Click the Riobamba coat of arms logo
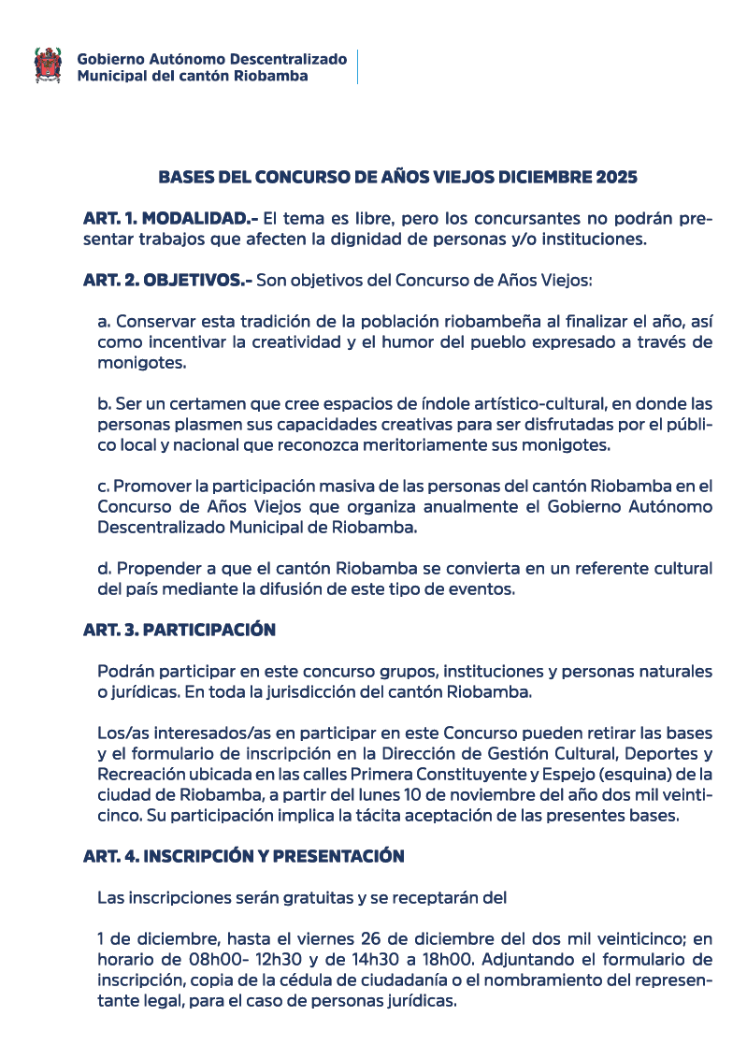49,65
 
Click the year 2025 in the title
612,177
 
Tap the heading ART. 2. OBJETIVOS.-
167,280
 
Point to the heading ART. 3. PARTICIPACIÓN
179,630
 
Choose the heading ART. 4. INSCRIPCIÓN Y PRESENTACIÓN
243,856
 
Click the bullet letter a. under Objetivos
104,321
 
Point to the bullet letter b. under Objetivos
104,404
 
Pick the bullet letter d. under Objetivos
104,569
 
